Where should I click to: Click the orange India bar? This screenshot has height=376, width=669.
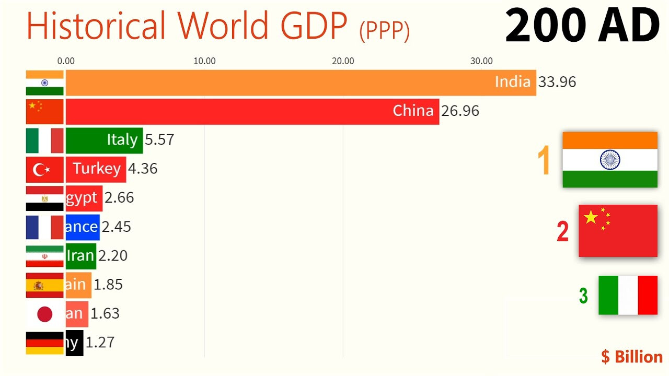point(301,83)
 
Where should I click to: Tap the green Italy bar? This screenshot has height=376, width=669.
point(104,140)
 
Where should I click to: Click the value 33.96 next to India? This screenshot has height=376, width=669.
point(557,82)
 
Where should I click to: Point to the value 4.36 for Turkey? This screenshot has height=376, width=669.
point(142,169)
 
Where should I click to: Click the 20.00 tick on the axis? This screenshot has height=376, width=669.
point(343,61)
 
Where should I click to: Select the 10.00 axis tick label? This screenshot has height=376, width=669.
point(204,61)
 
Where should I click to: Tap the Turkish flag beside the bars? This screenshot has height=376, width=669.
point(44,169)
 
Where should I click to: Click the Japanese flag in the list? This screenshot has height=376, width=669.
point(44,314)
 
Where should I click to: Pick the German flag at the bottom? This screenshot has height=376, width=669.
point(44,343)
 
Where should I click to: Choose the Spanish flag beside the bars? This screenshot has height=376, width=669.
point(44,285)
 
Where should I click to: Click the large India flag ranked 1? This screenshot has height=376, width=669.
point(610,159)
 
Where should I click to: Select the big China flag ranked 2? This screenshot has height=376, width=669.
point(618,230)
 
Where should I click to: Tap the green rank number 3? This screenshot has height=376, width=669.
point(583,296)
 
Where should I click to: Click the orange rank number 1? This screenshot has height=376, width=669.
point(544,161)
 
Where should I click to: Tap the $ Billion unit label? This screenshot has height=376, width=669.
point(631,357)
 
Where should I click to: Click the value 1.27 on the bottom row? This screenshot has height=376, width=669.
point(100,343)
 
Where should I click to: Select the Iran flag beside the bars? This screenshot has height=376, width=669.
point(44,256)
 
